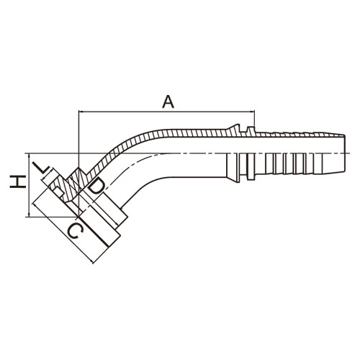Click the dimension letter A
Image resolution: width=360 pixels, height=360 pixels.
(168, 102)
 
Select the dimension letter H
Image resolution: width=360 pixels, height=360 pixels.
(17, 181)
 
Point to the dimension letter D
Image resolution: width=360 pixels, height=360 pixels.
(96, 186)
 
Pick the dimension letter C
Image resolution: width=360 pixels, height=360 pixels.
(75, 231)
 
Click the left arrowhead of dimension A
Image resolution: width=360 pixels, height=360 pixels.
(81, 112)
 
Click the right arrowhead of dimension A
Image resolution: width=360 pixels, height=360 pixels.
(252, 112)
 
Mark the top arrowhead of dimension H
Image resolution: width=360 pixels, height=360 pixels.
(29, 156)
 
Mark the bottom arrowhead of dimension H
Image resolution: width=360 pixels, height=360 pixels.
(29, 215)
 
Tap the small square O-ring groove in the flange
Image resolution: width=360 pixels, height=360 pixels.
(58, 192)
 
